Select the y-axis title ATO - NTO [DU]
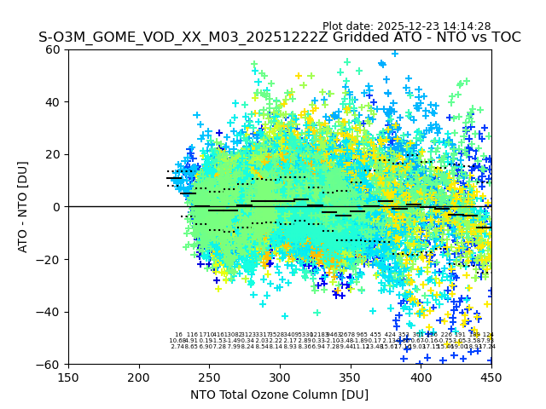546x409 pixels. click(x=23, y=207)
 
